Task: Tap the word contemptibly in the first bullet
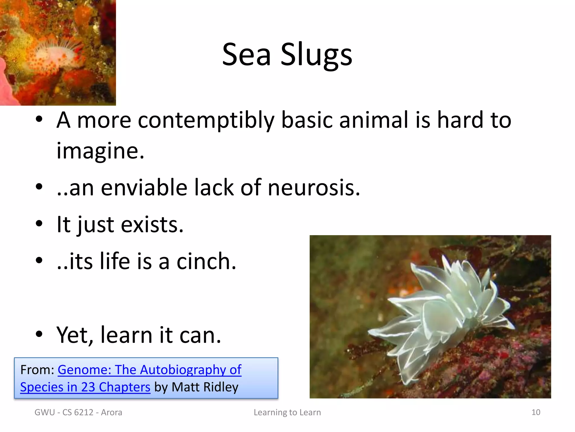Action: coord(206,120)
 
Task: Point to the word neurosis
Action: coord(314,188)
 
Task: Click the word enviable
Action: coord(144,188)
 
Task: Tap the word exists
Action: coord(152,225)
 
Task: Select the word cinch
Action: coord(206,262)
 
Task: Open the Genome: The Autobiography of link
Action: coord(149,370)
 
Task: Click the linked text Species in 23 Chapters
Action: coord(85,387)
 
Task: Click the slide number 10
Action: coord(536,412)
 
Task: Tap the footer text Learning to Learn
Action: coord(287,412)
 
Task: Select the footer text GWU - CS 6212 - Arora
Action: coord(78,412)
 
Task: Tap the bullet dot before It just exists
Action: coord(39,224)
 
